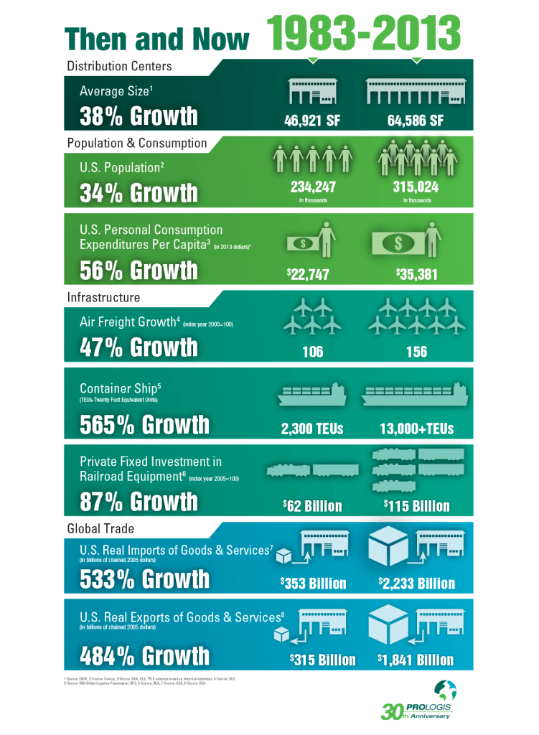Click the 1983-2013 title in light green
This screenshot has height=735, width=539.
click(x=365, y=32)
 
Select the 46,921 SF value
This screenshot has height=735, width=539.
click(x=312, y=118)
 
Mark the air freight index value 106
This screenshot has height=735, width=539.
click(x=312, y=352)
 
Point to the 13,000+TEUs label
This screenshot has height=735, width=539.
click(x=416, y=429)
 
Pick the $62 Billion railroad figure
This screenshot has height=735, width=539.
click(x=312, y=506)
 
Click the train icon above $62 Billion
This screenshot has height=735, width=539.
click(x=312, y=471)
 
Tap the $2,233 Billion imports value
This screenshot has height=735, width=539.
click(x=416, y=583)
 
